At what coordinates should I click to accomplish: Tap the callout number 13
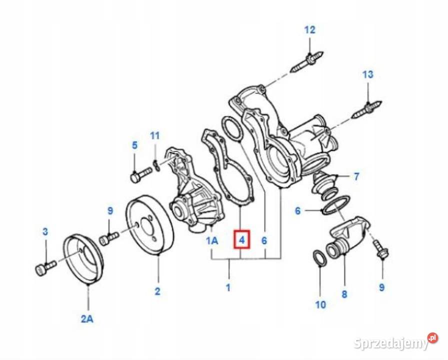(x=367, y=74)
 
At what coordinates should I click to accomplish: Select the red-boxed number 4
(x=241, y=240)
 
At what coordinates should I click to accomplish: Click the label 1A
(x=212, y=241)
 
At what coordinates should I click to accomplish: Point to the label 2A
(x=87, y=318)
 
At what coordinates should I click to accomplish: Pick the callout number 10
(x=320, y=304)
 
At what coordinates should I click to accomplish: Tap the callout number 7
(x=356, y=176)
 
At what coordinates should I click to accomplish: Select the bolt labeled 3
(x=43, y=269)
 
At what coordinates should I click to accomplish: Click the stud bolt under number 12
(x=305, y=62)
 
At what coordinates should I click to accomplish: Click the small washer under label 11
(x=156, y=165)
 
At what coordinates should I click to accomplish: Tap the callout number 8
(x=344, y=294)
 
